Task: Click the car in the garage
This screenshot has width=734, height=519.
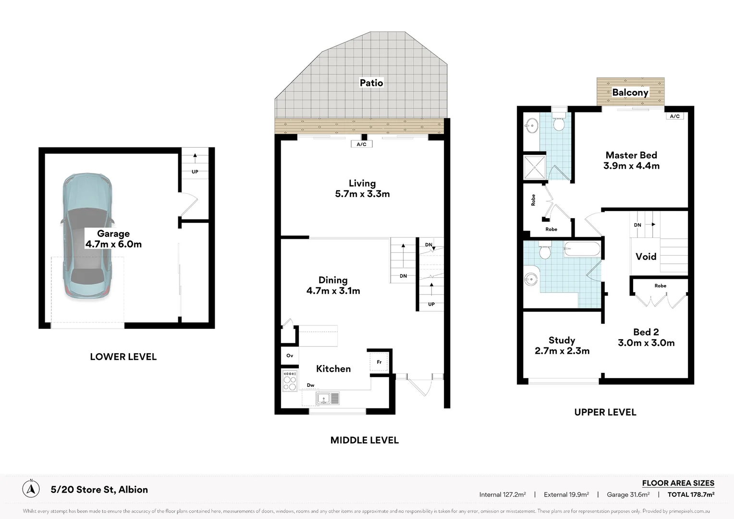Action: pos(87,236)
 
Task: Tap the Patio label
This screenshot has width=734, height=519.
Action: pos(371,83)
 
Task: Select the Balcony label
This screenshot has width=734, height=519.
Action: pos(630,92)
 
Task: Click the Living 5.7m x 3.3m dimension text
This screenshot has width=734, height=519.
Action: pos(362,194)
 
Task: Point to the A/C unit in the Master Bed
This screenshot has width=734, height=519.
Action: pos(675,116)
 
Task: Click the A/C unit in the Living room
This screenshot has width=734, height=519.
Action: pos(361,144)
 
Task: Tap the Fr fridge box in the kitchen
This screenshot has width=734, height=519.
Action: pos(379,362)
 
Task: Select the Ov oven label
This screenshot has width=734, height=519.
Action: pos(290,356)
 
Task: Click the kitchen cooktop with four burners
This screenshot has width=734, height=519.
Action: pos(290,381)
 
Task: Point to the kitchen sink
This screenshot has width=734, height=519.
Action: pos(328,398)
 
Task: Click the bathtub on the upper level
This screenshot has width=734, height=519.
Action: pos(582,249)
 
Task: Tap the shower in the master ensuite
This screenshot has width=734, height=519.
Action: pos(534,167)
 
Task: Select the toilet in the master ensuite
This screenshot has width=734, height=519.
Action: pos(559,121)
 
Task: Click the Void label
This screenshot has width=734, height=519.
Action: pos(646,257)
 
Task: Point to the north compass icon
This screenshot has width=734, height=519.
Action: pos(31,489)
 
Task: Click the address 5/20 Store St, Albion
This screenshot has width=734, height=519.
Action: pos(99,490)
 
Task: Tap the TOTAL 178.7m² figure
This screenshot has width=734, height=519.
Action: pos(691,494)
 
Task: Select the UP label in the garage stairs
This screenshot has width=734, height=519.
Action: pos(195,172)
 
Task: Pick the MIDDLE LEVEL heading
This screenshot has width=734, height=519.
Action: pos(365,440)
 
